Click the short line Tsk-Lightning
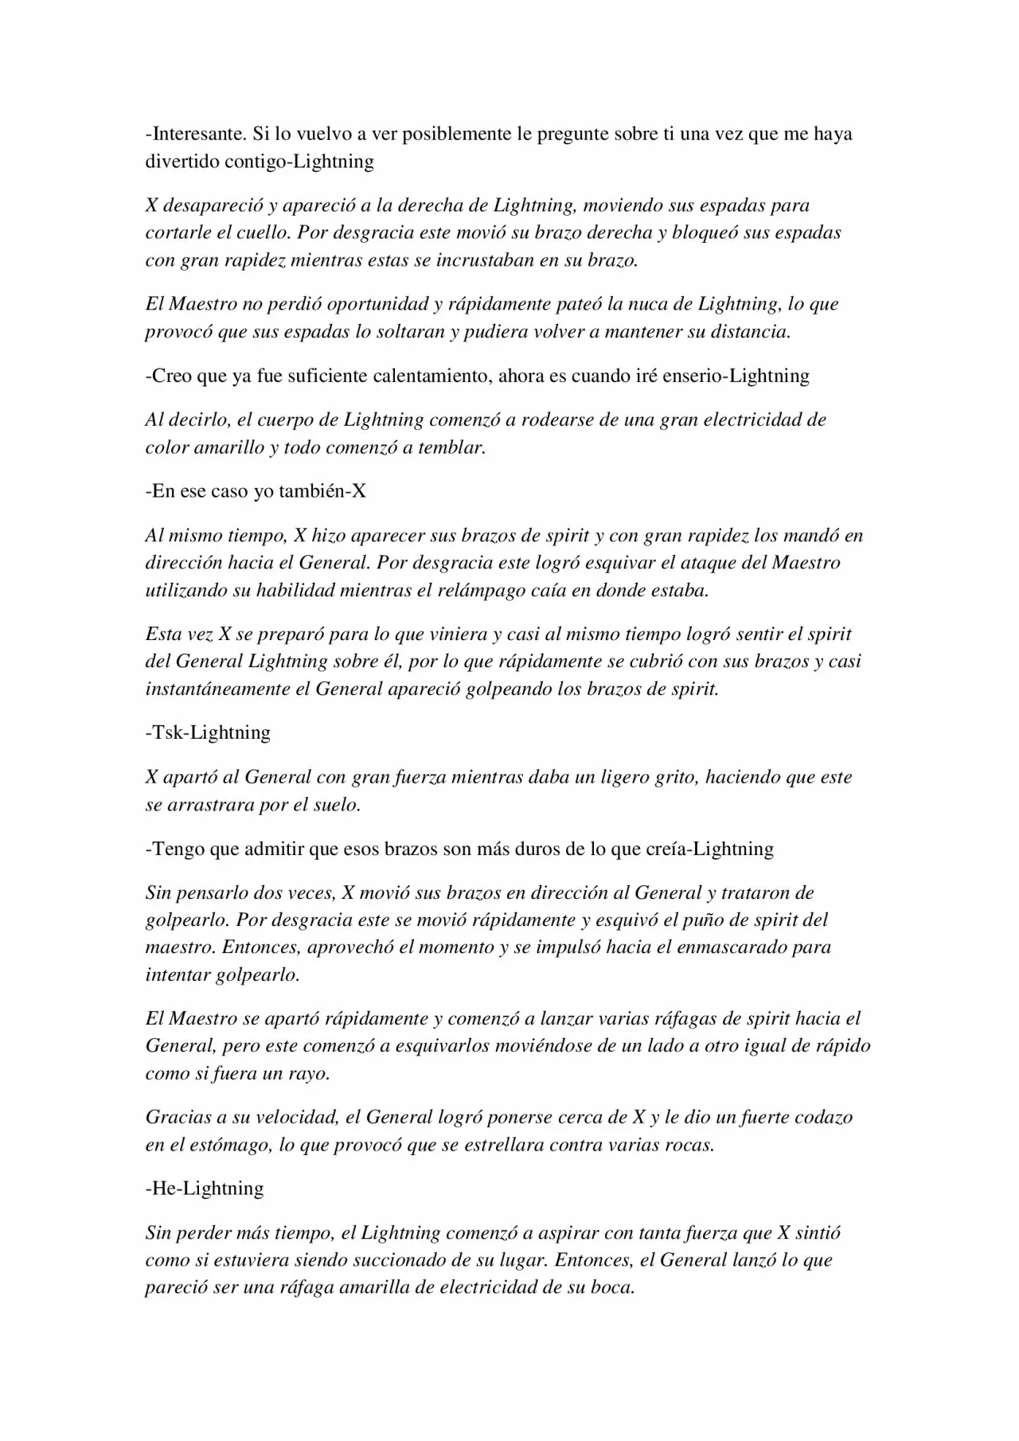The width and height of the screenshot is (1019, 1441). click(x=208, y=732)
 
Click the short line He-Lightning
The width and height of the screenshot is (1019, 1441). click(x=205, y=1189)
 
